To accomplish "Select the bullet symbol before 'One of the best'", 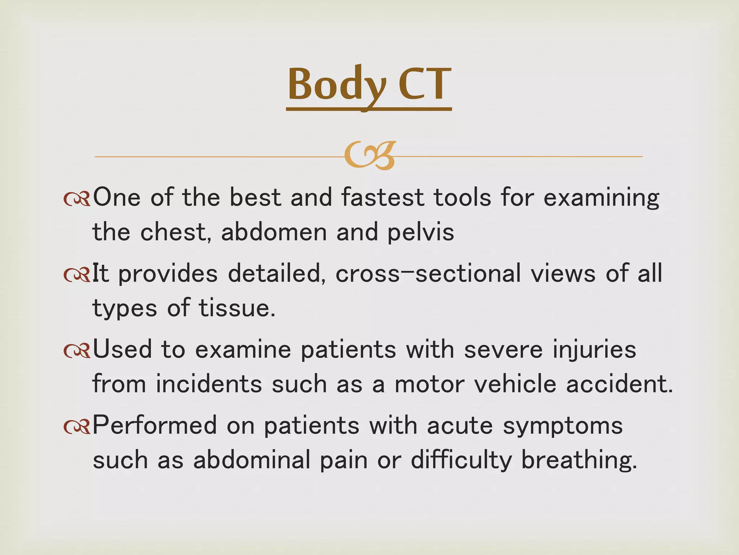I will click(76, 199).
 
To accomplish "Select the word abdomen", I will click(274, 232).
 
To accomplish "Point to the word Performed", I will click(155, 425).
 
